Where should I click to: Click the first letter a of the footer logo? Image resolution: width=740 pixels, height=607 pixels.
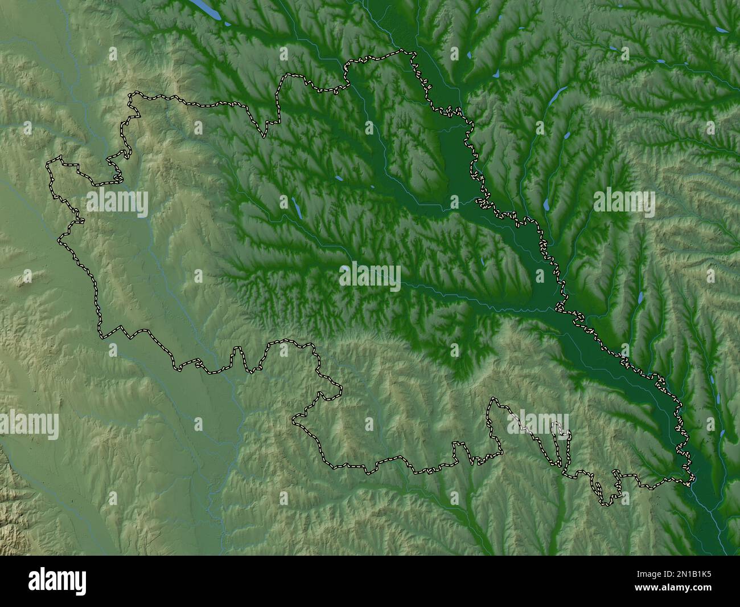[35, 582]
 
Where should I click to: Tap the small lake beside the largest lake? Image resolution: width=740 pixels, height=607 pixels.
[227, 25]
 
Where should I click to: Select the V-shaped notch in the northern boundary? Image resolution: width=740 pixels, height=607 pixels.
[264, 136]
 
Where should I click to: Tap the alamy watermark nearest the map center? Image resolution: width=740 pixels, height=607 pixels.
[370, 276]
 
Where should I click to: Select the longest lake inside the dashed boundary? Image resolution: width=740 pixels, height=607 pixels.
[296, 207]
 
